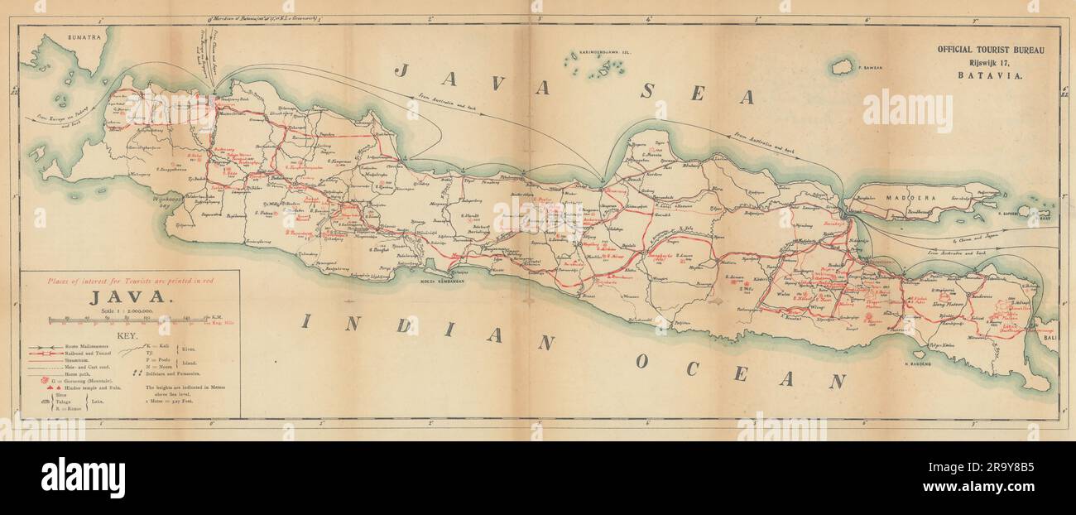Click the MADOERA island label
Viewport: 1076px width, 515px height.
[x=909, y=199]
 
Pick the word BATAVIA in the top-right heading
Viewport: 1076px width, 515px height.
[x=990, y=75]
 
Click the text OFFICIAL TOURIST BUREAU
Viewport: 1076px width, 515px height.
[x=990, y=50]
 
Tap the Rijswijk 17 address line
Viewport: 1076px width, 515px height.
[x=990, y=62]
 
